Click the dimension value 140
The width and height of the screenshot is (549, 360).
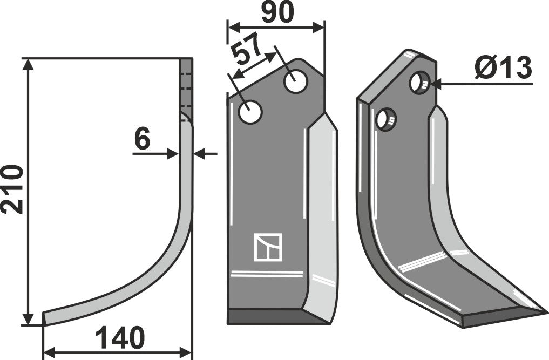pyautogui.click(x=120, y=338)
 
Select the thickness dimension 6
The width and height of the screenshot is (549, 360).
pyautogui.click(x=142, y=140)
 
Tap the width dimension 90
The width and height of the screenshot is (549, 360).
pyautogui.click(x=277, y=12)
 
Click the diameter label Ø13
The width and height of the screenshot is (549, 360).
pyautogui.click(x=504, y=69)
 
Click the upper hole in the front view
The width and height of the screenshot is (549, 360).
pyautogui.click(x=296, y=81)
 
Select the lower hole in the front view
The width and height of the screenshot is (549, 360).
pyautogui.click(x=251, y=112)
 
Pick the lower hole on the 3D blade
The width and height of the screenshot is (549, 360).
pyautogui.click(x=386, y=119)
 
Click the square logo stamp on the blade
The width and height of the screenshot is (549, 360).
pyautogui.click(x=268, y=248)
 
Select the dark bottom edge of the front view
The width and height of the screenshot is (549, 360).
pyautogui.click(x=275, y=317)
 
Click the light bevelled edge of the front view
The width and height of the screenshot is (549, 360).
pyautogui.click(x=322, y=216)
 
